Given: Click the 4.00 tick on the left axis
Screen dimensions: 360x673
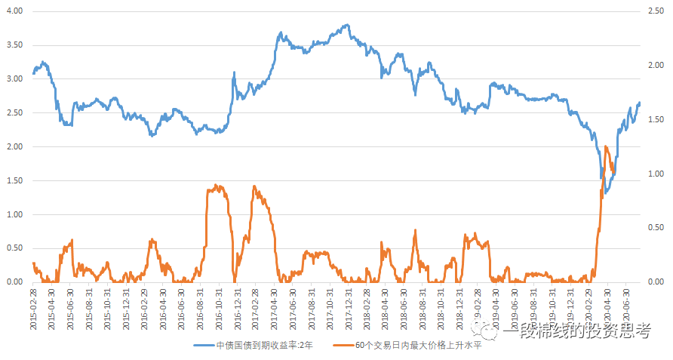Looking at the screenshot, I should point(15,11).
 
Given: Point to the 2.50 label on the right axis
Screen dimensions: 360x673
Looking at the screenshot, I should point(655,11).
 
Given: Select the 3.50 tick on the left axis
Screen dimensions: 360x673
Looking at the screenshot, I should point(15,45).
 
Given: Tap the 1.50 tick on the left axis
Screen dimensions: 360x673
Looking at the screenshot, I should point(15,180).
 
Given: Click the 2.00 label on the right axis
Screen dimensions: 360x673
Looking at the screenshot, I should point(655,66).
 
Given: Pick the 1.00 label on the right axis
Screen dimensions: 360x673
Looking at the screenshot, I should point(655,174).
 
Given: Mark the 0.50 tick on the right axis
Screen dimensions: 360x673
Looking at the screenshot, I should point(655,228).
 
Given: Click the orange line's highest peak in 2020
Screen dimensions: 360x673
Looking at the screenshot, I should point(606,146).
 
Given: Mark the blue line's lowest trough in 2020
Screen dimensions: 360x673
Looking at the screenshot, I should point(605,193).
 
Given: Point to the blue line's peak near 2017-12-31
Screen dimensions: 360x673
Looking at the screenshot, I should point(347,25).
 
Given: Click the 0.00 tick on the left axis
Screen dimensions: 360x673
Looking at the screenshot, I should point(15,282).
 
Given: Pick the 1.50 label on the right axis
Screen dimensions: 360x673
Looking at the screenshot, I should point(655,120).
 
